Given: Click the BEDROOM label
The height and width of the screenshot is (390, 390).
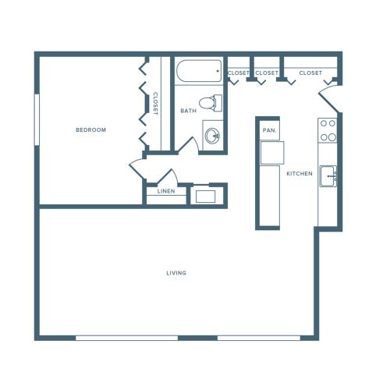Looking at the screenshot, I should [90, 129].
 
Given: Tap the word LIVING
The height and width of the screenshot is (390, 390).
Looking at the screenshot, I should [176, 273].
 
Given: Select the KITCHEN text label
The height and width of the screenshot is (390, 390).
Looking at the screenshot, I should [300, 173].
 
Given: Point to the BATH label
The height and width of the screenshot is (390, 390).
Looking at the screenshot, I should [188, 111].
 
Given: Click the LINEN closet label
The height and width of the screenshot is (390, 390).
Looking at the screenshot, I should [165, 192].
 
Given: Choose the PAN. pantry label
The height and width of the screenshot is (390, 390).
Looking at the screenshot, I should [270, 130].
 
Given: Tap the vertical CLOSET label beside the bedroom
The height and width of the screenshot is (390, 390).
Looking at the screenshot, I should [155, 104].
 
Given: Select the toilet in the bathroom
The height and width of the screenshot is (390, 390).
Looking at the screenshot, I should [210, 102].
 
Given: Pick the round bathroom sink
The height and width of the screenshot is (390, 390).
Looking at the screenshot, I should [212, 136].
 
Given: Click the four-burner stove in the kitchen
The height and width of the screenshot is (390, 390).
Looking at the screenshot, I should [328, 130].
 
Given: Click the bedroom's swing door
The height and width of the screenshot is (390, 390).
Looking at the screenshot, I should [138, 168].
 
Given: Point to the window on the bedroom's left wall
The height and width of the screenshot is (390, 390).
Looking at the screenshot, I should [36, 119].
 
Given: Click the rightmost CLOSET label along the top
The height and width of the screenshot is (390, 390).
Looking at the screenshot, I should [310, 73].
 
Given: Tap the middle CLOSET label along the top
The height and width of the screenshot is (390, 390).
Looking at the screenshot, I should [267, 73].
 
